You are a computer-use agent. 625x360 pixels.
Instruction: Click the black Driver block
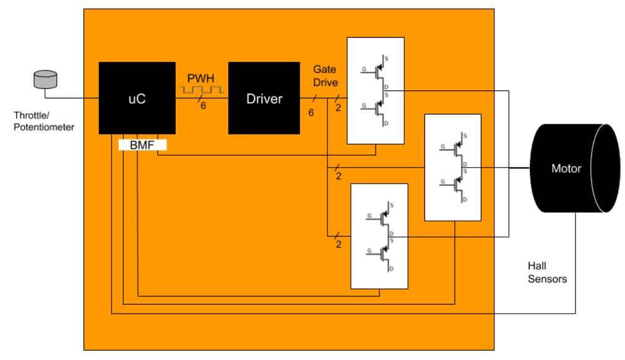point(264,98)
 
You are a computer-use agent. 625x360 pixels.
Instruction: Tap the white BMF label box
point(142,145)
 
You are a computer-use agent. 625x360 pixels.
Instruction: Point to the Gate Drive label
point(325,75)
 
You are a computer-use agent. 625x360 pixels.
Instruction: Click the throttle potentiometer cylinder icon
point(45,79)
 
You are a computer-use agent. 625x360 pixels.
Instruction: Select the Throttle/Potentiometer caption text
point(44,121)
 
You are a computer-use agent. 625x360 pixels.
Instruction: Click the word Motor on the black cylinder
point(566,168)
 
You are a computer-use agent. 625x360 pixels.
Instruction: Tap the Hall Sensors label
point(547,272)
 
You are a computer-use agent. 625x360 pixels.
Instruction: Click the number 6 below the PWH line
point(202,106)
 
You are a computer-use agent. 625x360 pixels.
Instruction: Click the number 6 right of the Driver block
point(311,113)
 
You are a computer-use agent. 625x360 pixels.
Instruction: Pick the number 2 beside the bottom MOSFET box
point(338,244)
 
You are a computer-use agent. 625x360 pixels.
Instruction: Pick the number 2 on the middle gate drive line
point(338,176)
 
